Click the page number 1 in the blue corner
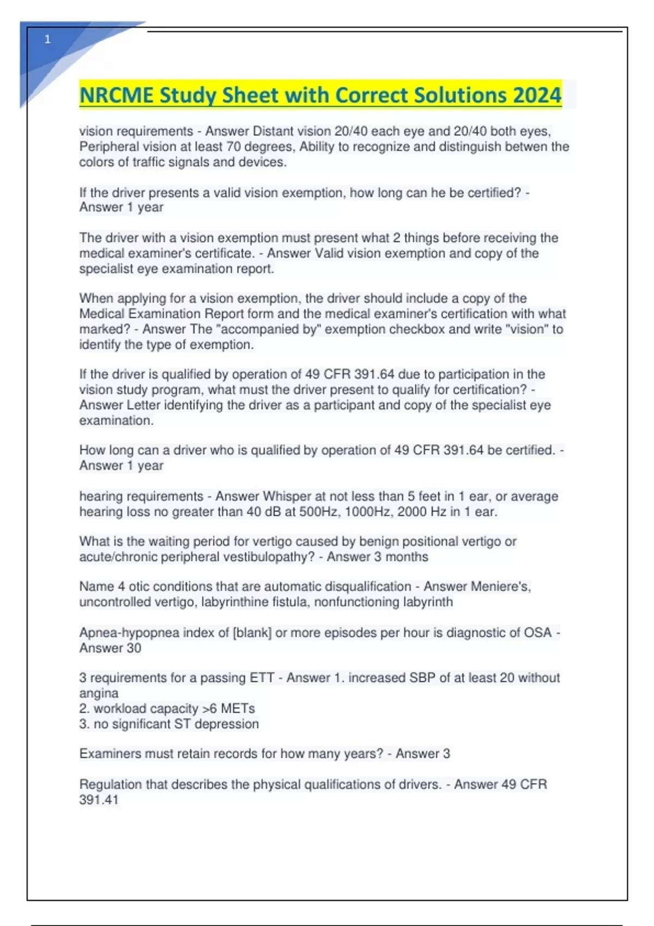tap(47, 39)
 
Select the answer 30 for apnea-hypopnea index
tap(134, 648)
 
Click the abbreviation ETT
tap(262, 678)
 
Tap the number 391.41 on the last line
tap(99, 800)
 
